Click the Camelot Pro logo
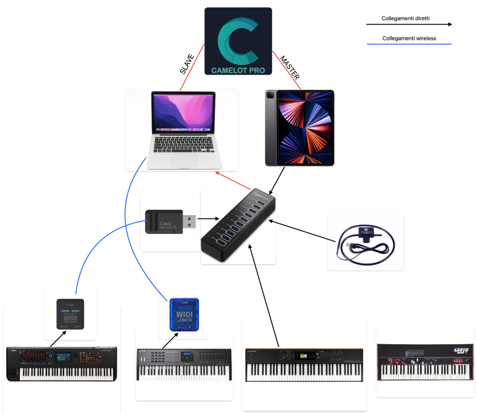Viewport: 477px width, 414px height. (238, 41)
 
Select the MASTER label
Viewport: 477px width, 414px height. (289, 67)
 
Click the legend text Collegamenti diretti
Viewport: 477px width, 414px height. (405, 19)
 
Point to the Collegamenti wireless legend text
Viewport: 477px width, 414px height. (409, 38)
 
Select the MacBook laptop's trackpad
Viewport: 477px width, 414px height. (184, 160)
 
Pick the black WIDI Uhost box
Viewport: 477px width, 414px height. (70, 314)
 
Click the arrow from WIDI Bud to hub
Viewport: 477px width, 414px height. (208, 218)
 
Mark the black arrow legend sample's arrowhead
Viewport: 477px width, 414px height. (450, 24)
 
